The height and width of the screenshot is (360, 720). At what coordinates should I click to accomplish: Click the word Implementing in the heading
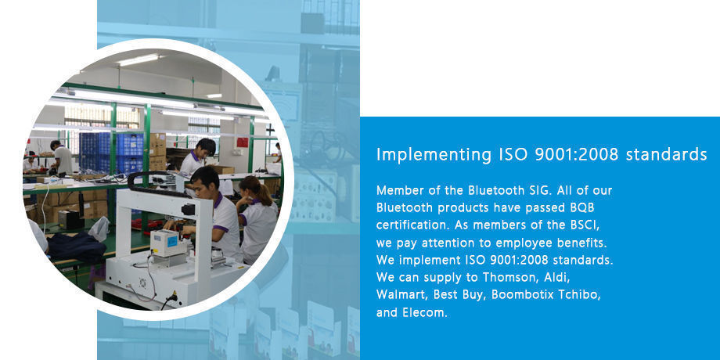434,155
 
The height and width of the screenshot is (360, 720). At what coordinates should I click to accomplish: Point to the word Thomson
509,277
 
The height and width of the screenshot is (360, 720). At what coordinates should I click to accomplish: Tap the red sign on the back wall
243,142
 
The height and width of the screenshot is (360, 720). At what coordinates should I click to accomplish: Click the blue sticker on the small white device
172,240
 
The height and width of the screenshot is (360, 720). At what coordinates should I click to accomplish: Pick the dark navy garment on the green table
77,247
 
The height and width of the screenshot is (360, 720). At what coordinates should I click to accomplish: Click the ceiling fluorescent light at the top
139,59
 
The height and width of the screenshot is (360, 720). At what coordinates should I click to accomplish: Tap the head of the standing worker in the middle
204,147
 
